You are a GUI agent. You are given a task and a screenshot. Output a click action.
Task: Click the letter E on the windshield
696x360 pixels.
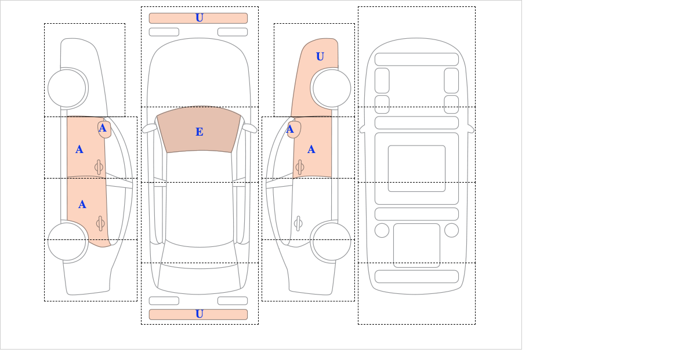[x=200, y=132]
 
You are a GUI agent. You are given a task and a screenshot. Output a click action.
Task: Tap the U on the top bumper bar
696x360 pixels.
[x=200, y=18]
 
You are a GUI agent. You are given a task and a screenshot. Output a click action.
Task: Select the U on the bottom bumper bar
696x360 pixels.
[x=200, y=314]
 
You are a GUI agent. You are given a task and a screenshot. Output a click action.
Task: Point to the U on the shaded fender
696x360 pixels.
[x=320, y=57]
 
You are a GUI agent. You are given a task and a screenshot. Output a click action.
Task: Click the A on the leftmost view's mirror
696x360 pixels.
[x=103, y=128]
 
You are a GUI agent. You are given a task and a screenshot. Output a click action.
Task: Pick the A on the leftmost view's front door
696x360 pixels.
[x=79, y=150]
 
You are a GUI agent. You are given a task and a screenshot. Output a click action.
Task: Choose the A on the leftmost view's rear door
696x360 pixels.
[x=82, y=205]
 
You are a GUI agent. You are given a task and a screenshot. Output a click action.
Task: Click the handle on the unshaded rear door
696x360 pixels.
[x=298, y=223]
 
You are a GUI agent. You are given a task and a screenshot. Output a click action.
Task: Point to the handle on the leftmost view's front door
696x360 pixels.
[x=99, y=168]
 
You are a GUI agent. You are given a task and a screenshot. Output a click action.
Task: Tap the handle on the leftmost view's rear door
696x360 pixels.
[x=100, y=223]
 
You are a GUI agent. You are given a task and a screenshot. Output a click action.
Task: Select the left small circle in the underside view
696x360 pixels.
[x=382, y=231]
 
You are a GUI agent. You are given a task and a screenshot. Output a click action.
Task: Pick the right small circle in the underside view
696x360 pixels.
[x=451, y=231]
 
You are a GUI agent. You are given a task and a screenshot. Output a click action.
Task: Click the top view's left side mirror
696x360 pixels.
[x=150, y=128]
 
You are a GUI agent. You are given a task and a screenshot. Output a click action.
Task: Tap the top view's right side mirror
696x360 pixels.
[x=249, y=128]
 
